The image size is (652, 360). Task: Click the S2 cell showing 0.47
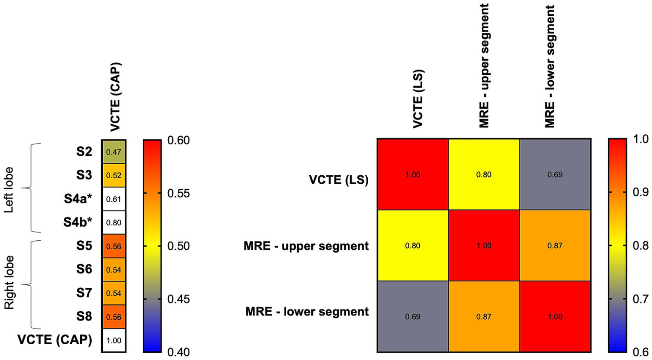[x=113, y=152]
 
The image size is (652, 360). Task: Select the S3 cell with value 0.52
[x=113, y=175]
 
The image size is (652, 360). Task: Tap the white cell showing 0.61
[x=113, y=199]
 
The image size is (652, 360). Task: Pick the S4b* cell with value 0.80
[x=113, y=222]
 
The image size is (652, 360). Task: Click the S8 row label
[x=84, y=317]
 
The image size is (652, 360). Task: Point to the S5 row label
[x=84, y=246]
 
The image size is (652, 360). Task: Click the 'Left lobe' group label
[x=8, y=189]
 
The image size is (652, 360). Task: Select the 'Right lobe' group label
[x=8, y=282]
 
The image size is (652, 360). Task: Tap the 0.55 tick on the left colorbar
[x=178, y=193]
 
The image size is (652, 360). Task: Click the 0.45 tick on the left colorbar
[x=178, y=299]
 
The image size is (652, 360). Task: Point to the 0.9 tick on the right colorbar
[x=641, y=192]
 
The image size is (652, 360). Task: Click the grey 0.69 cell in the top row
[x=555, y=174]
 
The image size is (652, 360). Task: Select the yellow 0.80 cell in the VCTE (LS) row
[x=484, y=174]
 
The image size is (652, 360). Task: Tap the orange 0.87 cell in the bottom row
[x=484, y=317]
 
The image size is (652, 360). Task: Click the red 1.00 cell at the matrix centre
[x=484, y=246]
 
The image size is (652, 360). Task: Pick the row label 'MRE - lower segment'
[x=307, y=312]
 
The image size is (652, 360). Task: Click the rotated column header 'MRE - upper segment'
[x=484, y=66]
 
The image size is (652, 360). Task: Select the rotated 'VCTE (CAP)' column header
[x=116, y=97]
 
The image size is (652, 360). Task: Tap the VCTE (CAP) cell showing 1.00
[x=113, y=340]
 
